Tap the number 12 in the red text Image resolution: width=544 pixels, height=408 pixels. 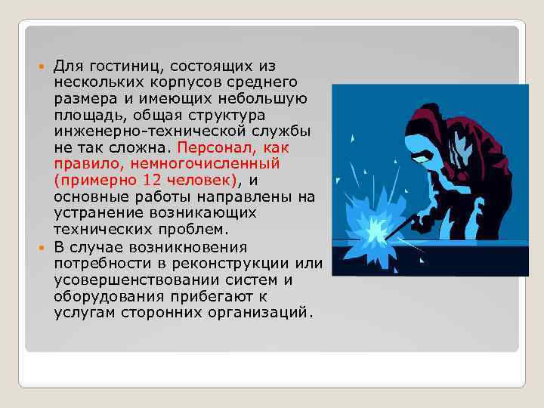147,180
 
